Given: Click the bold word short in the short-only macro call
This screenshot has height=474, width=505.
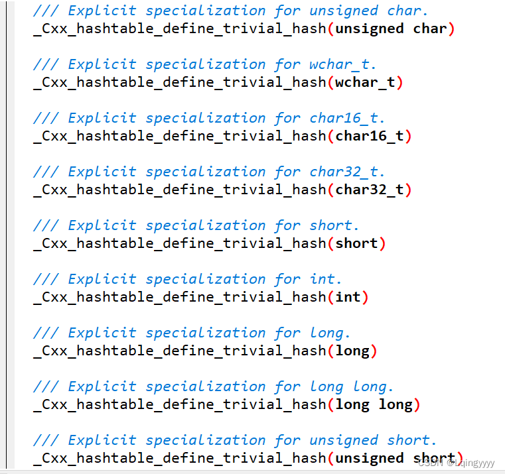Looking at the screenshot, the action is click(356, 243).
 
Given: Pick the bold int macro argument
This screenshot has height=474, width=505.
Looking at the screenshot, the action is click(348, 297).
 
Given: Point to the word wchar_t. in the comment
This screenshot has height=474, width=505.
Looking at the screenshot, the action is click(343, 64).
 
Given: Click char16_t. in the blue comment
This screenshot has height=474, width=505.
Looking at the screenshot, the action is click(347, 118).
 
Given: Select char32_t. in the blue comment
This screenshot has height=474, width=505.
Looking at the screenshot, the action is click(347, 172).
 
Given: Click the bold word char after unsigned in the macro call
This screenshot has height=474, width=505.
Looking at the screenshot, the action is click(430, 29).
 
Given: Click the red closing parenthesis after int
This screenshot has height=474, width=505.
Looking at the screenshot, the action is click(364, 297).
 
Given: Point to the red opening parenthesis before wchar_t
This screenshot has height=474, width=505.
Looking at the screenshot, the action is click(330, 82).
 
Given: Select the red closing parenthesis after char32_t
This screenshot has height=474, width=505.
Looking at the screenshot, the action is click(408, 190).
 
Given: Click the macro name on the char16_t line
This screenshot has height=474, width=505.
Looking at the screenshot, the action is click(179, 136).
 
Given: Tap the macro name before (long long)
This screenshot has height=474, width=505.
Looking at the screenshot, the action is click(179, 404).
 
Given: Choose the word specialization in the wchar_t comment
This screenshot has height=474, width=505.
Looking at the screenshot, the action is click(205, 64).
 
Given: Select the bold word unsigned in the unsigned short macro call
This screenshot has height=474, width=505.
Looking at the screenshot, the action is click(370, 458).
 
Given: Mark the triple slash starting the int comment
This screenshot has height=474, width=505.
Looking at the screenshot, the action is click(46, 279).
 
